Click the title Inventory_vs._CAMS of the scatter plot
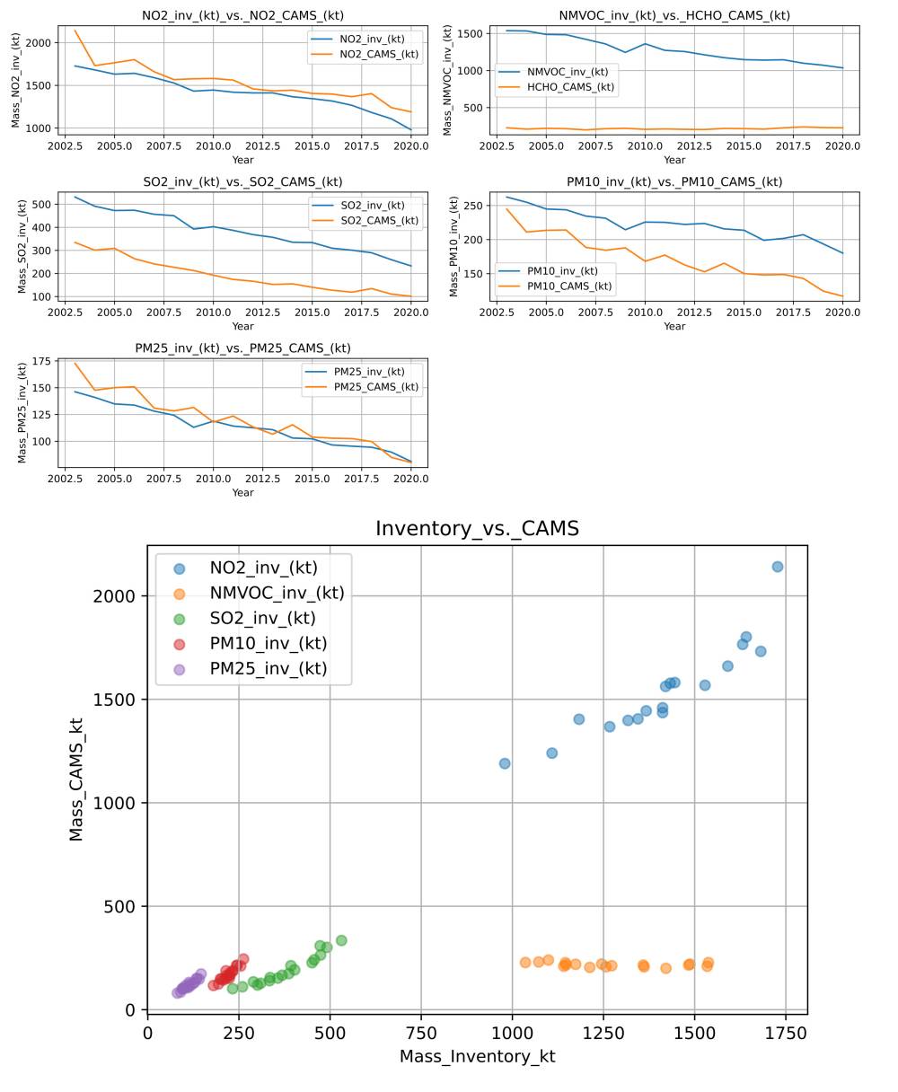477,529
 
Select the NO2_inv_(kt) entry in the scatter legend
263,568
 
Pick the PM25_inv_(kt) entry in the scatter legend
268,668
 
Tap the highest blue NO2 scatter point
778,567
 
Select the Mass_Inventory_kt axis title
477,1057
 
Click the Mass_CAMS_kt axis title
77,779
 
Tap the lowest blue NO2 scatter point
505,763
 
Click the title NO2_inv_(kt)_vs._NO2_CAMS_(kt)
242,15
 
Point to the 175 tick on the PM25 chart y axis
40,362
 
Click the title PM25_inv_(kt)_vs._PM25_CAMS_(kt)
242,348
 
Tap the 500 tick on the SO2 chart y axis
40,204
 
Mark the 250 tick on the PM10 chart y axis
472,206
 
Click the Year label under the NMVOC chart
674,160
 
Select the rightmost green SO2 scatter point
341,940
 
